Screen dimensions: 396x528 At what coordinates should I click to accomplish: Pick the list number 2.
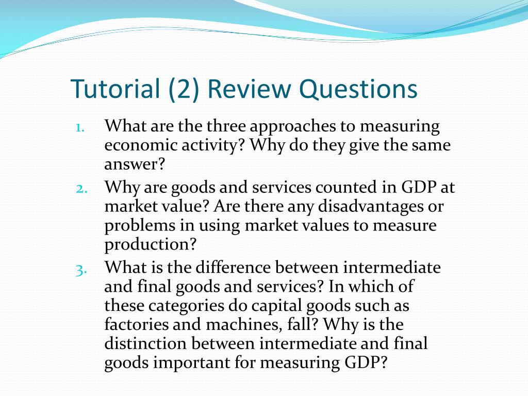tap(81, 188)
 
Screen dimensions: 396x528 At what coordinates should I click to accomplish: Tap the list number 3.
tap(81, 269)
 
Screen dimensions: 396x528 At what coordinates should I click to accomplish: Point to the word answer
tap(135, 165)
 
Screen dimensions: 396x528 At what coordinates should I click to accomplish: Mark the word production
tap(151, 244)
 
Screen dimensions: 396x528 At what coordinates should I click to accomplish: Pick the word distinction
tap(145, 343)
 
